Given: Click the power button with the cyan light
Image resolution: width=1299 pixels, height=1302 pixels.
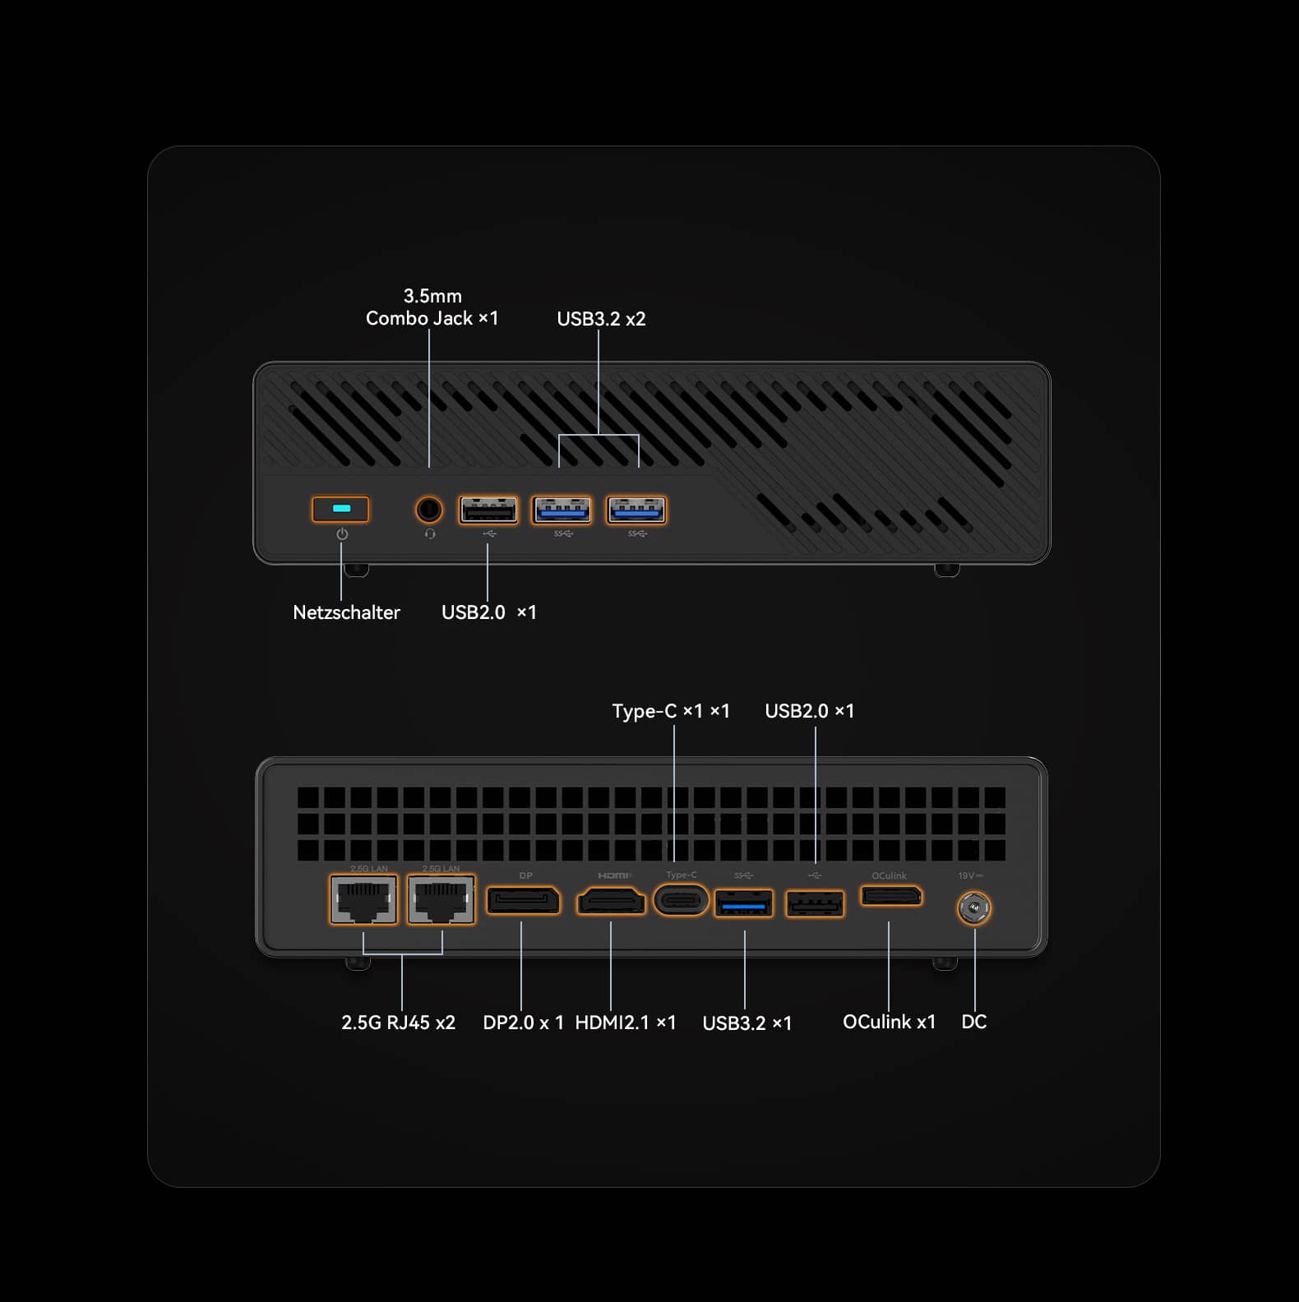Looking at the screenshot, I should coord(340,509).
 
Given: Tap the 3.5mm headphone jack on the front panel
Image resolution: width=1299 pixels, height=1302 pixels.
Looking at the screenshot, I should coord(428,510).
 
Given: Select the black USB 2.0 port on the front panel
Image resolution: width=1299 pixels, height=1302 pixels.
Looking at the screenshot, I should coord(488,510).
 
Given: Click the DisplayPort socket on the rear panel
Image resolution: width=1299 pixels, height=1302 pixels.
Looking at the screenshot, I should coord(524,900).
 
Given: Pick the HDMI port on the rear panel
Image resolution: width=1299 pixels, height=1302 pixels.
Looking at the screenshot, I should coord(611,901).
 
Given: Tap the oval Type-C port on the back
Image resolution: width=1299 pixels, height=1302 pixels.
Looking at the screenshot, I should coord(681,900).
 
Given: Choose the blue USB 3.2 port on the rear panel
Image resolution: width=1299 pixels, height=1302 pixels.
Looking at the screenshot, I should coord(744,903).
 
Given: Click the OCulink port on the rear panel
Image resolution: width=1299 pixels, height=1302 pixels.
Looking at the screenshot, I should coord(891,895).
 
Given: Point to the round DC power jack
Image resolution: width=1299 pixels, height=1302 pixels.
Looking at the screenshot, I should coord(974,908).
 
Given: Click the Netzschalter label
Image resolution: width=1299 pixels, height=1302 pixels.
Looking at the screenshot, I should coord(346,612).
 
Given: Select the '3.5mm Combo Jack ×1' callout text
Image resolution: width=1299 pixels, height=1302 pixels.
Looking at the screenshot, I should coord(432,307).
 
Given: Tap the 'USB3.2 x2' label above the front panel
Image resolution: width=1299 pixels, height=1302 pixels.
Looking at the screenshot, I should coord(601,319).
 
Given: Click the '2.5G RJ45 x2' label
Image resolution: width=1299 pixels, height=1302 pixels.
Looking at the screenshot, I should coord(398,1023).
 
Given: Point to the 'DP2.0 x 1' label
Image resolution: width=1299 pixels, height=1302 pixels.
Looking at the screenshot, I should coord(523,1023).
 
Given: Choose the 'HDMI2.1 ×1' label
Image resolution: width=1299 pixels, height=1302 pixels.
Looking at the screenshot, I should coord(625,1023).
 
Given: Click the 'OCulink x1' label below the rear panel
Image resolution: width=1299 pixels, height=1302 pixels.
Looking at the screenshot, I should coord(889,1022).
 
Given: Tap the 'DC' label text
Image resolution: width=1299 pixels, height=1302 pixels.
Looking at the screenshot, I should coord(973,1022).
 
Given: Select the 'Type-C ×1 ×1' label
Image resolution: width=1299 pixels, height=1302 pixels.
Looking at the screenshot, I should coord(670,711).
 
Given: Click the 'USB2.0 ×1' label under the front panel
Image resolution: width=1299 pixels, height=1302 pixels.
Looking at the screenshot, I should coord(488,612).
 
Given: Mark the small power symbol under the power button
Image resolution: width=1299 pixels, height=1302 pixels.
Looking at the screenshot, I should coord(342,534).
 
